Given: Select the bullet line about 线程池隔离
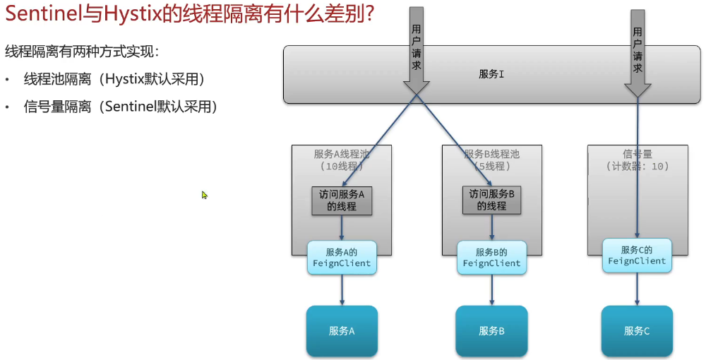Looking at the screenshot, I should tap(114, 78).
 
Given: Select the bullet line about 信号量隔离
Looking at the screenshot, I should tap(120, 107).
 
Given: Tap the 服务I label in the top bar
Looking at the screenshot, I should tap(491, 74).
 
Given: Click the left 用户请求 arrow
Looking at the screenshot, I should tap(417, 49).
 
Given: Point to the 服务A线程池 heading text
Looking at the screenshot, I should tap(342, 154).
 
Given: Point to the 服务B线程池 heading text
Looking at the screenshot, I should tap(492, 154).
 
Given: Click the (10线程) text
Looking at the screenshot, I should tap(342, 167).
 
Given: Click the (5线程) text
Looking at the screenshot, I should tap(492, 167).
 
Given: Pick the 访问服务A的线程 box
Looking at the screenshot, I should tap(342, 200).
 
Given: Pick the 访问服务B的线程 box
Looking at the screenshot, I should tap(491, 200).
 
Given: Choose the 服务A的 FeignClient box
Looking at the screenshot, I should tap(342, 258).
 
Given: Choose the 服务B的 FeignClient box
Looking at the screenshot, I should tap(491, 258).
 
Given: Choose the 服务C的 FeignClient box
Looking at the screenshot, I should tap(637, 255).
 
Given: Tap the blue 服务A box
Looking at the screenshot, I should tap(342, 330).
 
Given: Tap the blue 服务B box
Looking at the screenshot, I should tap(491, 330).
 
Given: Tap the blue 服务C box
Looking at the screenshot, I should tap(637, 330).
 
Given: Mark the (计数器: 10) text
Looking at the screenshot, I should tap(637, 167).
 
